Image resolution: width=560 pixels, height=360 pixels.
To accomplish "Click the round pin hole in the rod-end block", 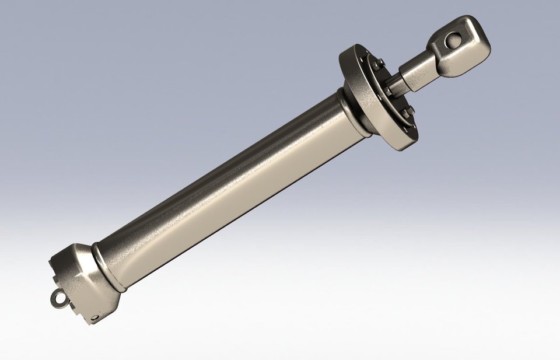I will coord(453,41).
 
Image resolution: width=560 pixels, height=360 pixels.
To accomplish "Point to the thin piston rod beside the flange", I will coord(398,85).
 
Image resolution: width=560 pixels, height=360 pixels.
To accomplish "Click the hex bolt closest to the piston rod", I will coord(387,91).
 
